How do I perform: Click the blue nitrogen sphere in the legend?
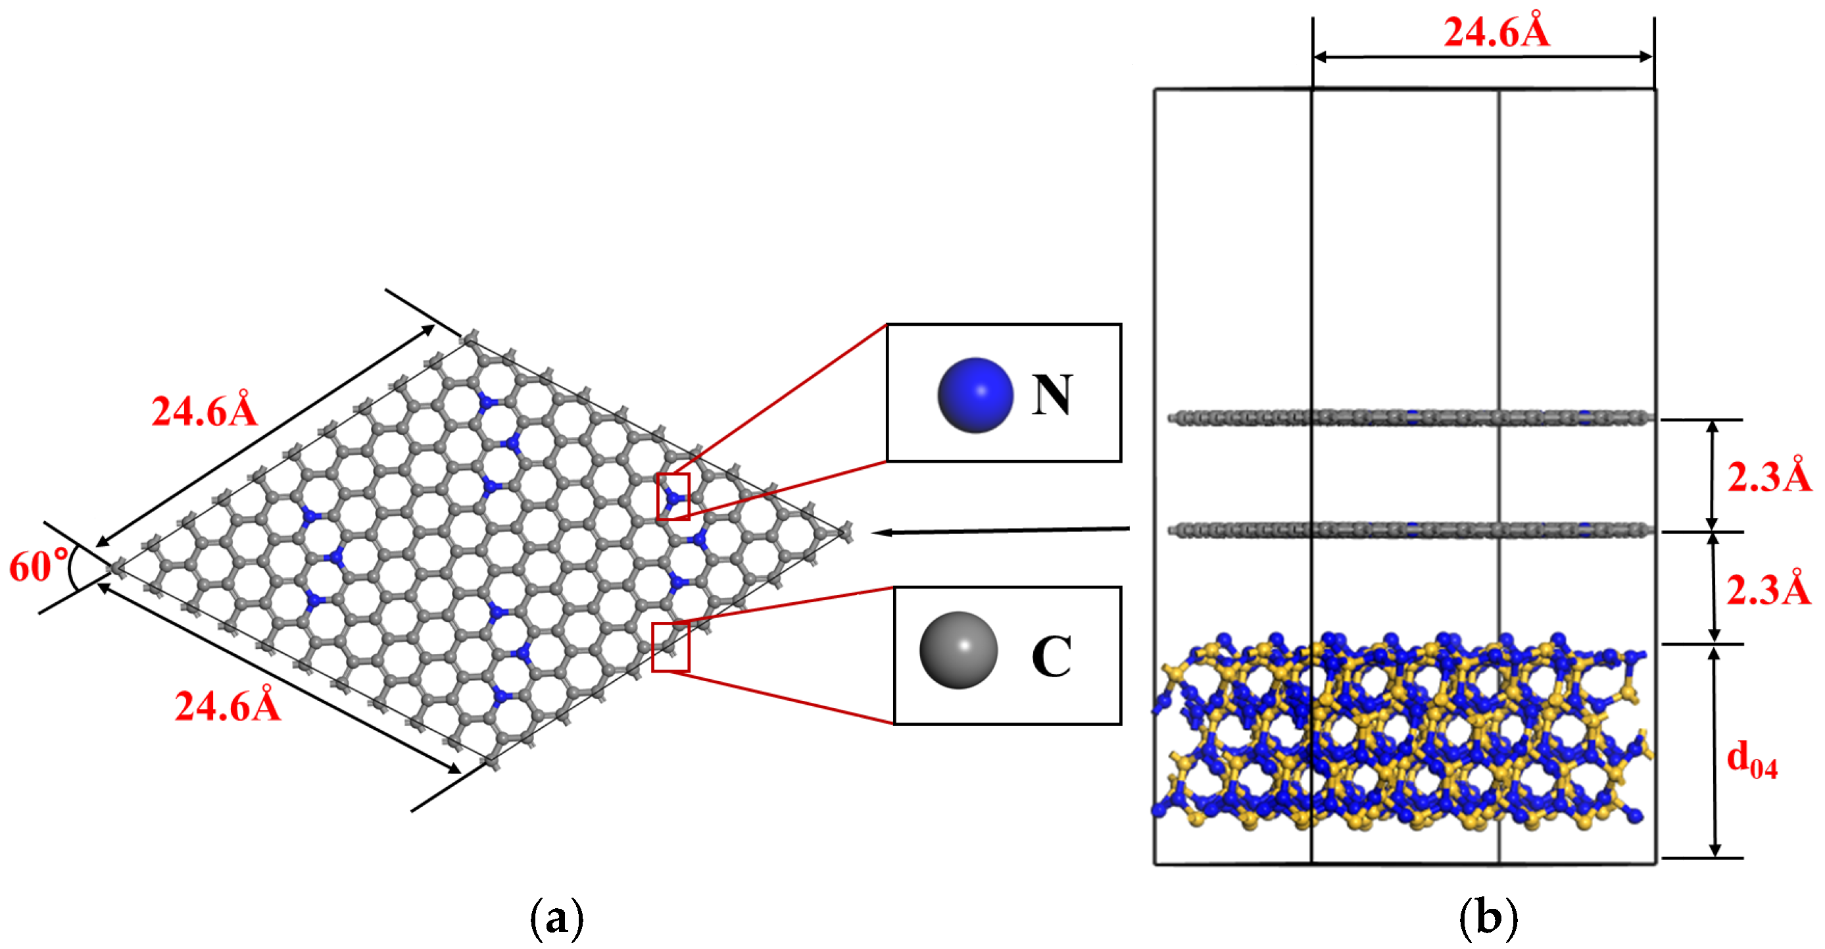[x=975, y=395]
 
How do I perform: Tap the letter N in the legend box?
[x=1052, y=395]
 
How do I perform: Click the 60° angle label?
[x=38, y=566]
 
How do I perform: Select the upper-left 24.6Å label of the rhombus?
[x=204, y=411]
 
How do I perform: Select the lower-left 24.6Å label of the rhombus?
[x=228, y=706]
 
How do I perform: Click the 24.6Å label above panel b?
[x=1496, y=32]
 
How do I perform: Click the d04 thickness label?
[x=1751, y=758]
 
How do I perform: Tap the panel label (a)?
[x=557, y=919]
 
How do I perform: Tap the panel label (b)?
[x=1488, y=919]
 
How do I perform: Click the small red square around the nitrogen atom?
[x=672, y=497]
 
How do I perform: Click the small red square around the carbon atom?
[x=670, y=647]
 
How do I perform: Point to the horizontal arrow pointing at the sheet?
[x=999, y=530]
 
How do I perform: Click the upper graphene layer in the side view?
[x=1410, y=417]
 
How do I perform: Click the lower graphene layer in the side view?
[x=1410, y=529]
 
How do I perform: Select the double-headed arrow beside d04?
[x=1714, y=752]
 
